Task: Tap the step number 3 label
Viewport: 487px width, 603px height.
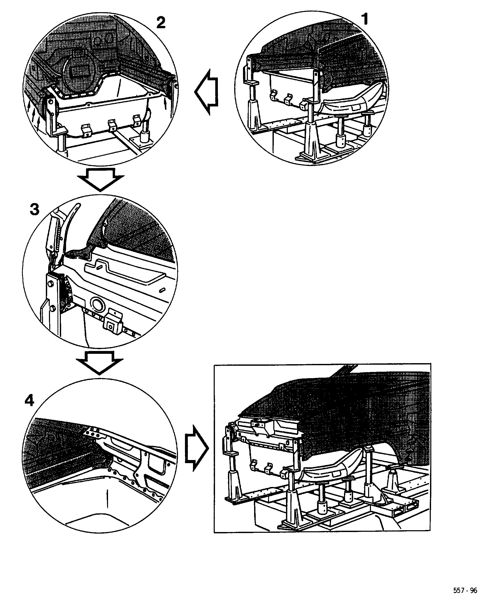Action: [34, 210]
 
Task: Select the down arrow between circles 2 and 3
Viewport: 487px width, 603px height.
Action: [101, 179]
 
